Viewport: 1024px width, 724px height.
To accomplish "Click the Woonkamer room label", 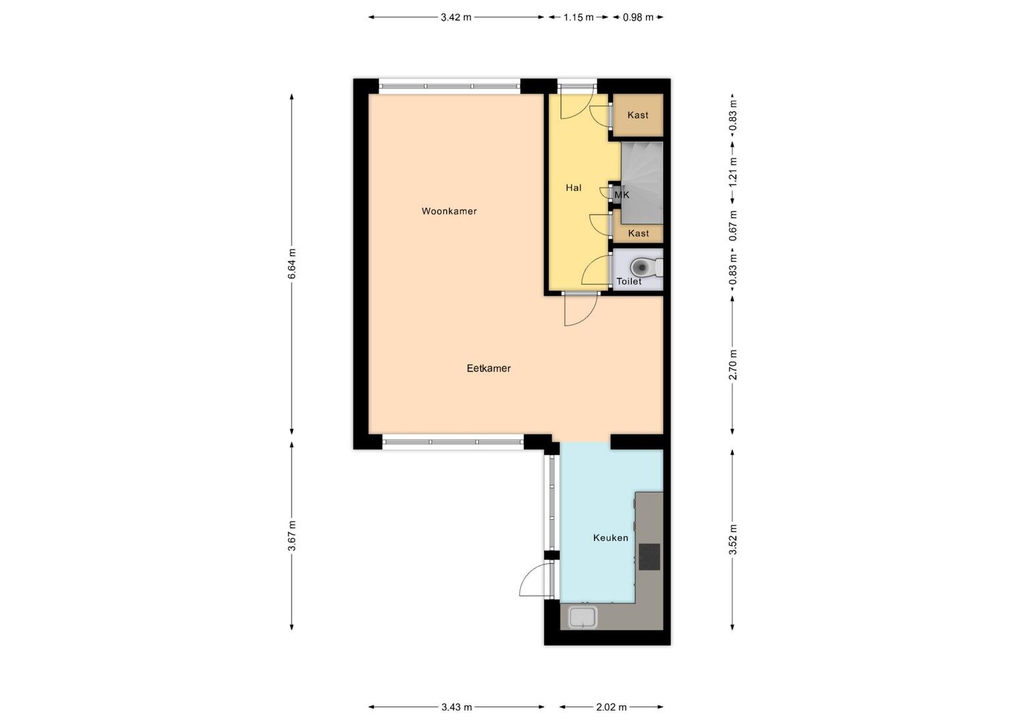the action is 449,211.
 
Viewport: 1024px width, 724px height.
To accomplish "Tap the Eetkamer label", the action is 489,368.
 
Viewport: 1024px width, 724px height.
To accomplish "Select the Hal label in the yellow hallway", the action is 573,188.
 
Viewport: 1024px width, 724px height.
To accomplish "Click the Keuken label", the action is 611,538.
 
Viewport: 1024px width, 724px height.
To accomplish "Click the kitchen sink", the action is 583,617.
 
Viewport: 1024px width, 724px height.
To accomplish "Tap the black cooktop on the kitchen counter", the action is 649,556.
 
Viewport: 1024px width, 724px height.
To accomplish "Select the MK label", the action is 622,195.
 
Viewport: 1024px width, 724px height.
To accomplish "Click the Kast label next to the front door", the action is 638,115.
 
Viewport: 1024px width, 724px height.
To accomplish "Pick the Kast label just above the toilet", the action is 638,233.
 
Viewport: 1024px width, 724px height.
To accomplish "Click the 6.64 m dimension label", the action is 292,263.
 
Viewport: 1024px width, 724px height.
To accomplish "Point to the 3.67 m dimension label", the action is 292,535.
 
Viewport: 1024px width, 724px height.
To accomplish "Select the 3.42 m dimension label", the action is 456,17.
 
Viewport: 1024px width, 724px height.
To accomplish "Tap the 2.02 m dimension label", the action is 611,707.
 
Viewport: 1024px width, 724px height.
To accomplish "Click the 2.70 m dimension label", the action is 732,364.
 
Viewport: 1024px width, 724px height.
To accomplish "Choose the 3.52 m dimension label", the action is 732,540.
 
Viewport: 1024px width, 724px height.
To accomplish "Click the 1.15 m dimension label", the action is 578,17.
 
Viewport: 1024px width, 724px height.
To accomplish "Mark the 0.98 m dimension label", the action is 638,17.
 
